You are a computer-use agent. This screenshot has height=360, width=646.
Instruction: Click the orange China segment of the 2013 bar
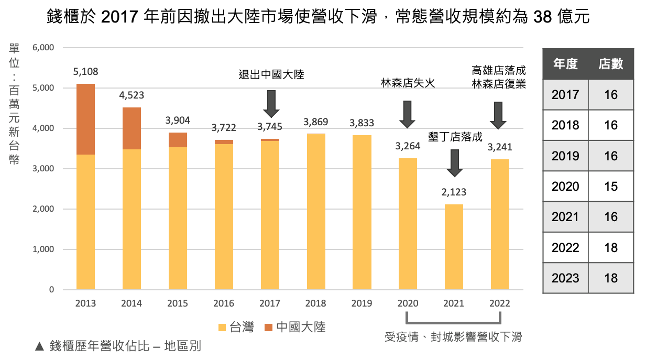click(85, 119)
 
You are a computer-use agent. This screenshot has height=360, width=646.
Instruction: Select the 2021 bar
click(454, 246)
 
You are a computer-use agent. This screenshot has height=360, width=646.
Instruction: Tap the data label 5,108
click(85, 72)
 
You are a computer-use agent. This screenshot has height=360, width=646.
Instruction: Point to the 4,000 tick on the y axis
click(43, 128)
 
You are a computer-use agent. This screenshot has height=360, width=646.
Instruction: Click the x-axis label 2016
click(224, 303)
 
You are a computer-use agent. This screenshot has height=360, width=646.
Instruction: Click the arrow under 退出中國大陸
click(271, 103)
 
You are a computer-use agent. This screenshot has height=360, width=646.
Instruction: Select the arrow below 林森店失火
click(408, 114)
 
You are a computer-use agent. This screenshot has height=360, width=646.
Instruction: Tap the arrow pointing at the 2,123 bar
click(454, 163)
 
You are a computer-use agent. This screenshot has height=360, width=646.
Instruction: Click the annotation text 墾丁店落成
click(455, 137)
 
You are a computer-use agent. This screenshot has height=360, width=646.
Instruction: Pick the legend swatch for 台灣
click(222, 328)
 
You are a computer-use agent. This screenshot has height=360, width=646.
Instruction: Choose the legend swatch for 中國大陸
click(268, 328)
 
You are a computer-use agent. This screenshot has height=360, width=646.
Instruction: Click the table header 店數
click(611, 64)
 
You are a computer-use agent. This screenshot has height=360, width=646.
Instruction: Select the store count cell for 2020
click(611, 187)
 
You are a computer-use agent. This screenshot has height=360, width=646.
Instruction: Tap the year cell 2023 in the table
click(565, 278)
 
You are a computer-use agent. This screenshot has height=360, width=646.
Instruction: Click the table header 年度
click(565, 64)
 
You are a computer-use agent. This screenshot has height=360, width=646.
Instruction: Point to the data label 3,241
click(499, 147)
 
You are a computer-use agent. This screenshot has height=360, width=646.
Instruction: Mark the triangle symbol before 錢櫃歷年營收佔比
click(39, 346)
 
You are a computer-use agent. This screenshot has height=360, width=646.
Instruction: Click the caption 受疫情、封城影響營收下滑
click(453, 337)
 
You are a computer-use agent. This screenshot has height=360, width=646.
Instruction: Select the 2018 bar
click(316, 211)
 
